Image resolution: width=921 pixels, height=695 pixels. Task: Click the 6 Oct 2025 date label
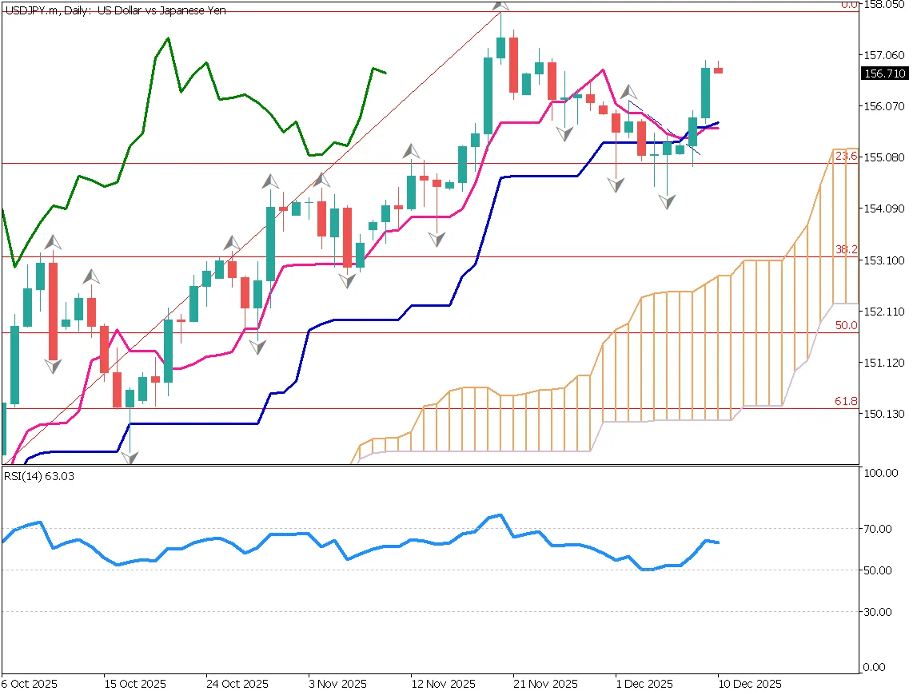coord(29,685)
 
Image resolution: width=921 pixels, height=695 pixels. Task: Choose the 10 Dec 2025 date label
coord(749,685)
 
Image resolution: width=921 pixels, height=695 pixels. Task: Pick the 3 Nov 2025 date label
coord(337,685)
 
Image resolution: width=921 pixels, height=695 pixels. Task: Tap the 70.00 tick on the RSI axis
coord(879,529)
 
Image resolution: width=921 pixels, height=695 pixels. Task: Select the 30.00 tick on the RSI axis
coord(879,612)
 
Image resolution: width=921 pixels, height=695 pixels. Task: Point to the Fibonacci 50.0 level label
coord(846,326)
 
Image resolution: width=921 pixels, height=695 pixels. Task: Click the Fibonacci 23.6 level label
coord(846,157)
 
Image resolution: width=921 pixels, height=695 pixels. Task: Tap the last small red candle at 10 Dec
coord(719,70)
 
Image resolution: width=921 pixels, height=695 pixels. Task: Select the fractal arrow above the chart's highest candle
coord(500,4)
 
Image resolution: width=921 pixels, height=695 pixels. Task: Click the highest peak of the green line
coord(168,38)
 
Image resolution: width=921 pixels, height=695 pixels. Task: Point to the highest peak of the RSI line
coord(500,514)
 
